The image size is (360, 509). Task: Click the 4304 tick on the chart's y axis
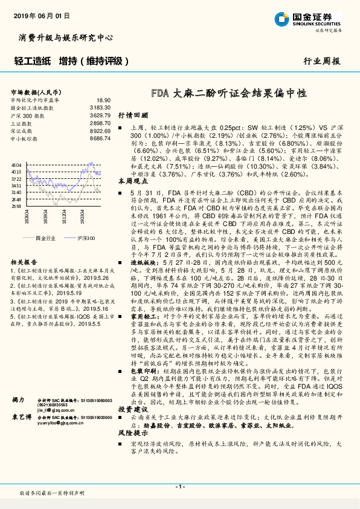click(x=16, y=164)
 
